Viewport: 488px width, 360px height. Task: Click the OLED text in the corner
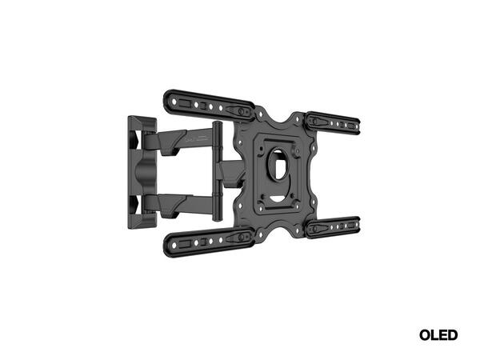pyautogui.click(x=438, y=335)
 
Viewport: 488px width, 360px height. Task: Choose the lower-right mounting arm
pyautogui.click(x=334, y=227)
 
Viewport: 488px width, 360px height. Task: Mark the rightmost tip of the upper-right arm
pyautogui.click(x=358, y=126)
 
